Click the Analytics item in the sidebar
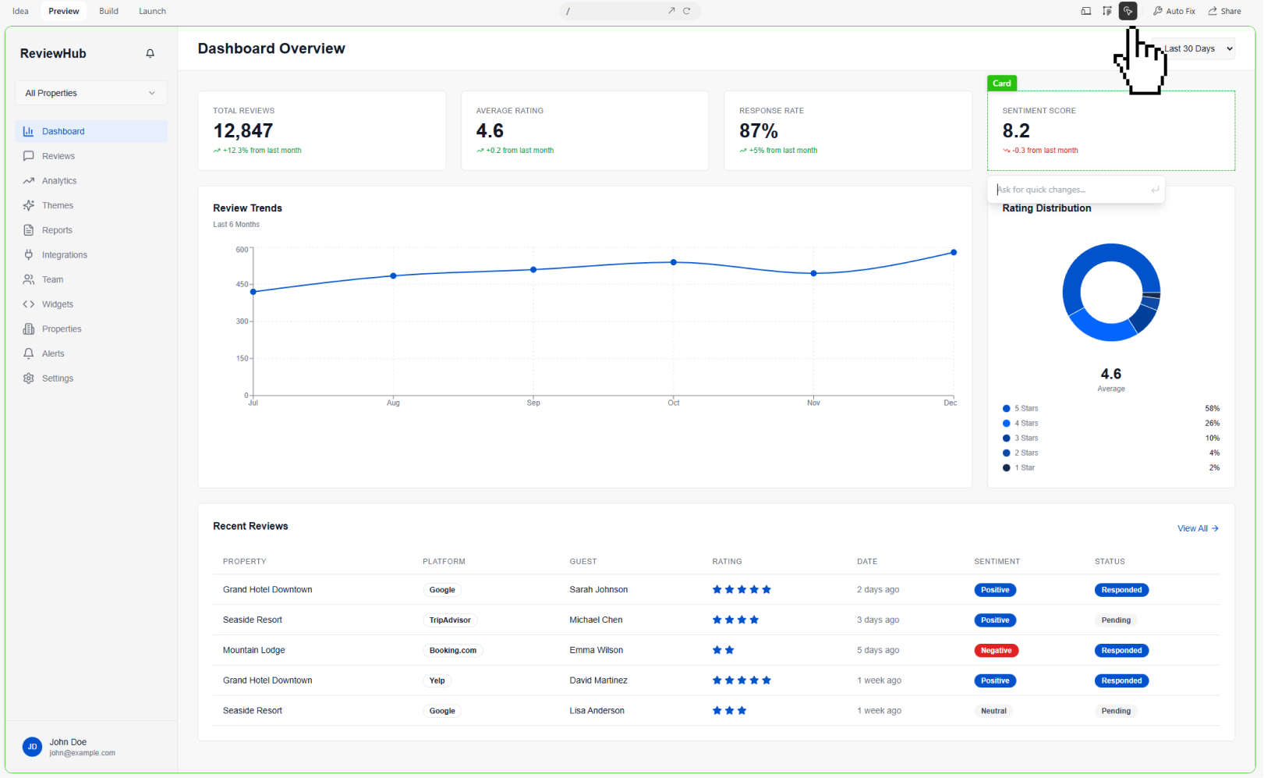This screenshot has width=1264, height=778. (x=58, y=181)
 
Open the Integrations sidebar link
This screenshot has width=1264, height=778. (x=64, y=255)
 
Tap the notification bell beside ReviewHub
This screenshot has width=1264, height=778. (x=150, y=54)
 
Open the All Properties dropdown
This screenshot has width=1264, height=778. (x=90, y=93)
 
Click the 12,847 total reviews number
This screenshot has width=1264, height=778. (x=243, y=131)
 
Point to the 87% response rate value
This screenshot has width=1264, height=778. (x=759, y=131)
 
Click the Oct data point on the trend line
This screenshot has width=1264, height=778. (x=674, y=262)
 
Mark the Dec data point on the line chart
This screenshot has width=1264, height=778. (x=954, y=253)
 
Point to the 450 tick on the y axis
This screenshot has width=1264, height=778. (x=243, y=285)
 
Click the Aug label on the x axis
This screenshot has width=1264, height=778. (x=393, y=403)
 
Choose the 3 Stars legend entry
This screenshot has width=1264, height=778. (x=1025, y=439)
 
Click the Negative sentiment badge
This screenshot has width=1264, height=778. (x=996, y=651)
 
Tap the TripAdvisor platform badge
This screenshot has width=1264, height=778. (x=450, y=620)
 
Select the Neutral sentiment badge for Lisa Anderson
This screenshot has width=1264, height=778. (x=993, y=711)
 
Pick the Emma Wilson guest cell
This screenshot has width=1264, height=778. (x=597, y=650)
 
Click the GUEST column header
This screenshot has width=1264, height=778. (x=583, y=562)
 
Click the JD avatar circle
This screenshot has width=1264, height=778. (x=33, y=747)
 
